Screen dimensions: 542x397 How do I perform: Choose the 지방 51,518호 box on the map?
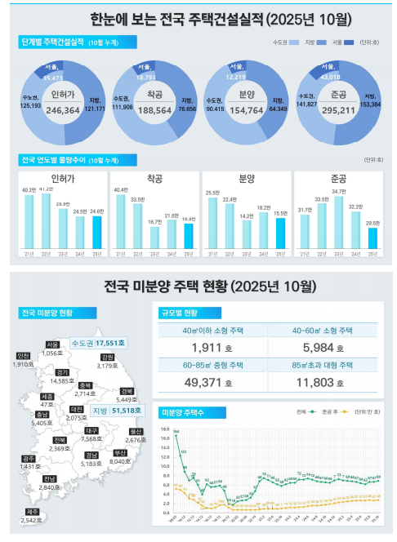(x=115, y=410)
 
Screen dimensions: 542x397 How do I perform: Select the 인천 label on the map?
(x=23, y=359)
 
